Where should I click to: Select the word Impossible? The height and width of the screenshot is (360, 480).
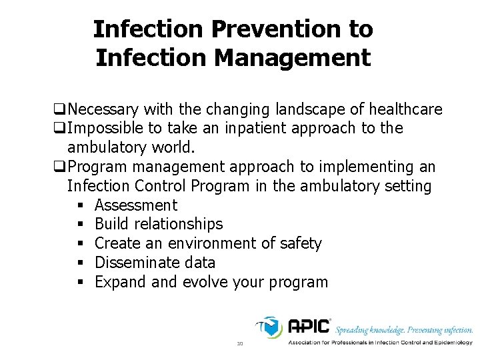(107, 128)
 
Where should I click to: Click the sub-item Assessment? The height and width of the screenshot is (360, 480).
(136, 205)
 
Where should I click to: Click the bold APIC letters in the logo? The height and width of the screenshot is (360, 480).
(308, 327)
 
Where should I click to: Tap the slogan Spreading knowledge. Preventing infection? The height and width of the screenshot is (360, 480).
(404, 330)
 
